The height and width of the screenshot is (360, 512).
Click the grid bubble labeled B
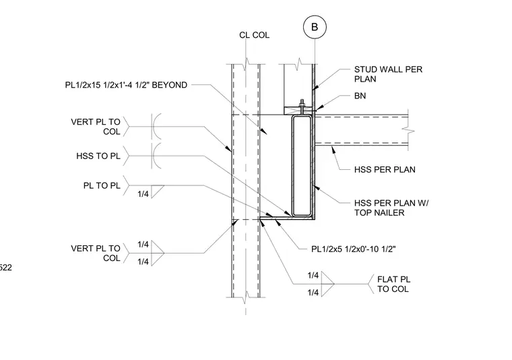point(315,27)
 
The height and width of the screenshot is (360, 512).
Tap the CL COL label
point(255,35)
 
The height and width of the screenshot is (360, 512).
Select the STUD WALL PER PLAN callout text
point(388,74)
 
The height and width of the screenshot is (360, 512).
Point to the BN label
point(360,96)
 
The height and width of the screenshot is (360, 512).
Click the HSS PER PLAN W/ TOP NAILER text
point(391,208)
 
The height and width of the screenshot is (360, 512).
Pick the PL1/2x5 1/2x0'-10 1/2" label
point(353,249)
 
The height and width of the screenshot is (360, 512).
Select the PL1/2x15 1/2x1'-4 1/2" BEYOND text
point(126,85)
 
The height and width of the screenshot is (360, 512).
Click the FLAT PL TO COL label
point(393,284)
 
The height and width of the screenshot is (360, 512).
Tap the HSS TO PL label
point(98,156)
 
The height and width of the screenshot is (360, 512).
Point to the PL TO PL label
point(102,185)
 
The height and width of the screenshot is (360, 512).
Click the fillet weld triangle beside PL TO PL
point(157,191)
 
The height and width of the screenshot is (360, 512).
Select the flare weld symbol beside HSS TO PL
point(157,156)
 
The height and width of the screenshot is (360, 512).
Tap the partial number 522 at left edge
point(5,268)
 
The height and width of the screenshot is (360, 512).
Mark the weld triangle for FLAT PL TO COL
point(328,284)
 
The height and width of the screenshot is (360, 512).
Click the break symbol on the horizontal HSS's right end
point(408,131)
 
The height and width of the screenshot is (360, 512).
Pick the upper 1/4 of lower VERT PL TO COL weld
point(143,244)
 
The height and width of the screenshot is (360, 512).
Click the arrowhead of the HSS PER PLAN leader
point(333,150)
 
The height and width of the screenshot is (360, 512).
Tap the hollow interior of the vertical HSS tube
point(301,165)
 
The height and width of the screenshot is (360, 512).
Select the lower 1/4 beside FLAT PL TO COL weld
point(313,293)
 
